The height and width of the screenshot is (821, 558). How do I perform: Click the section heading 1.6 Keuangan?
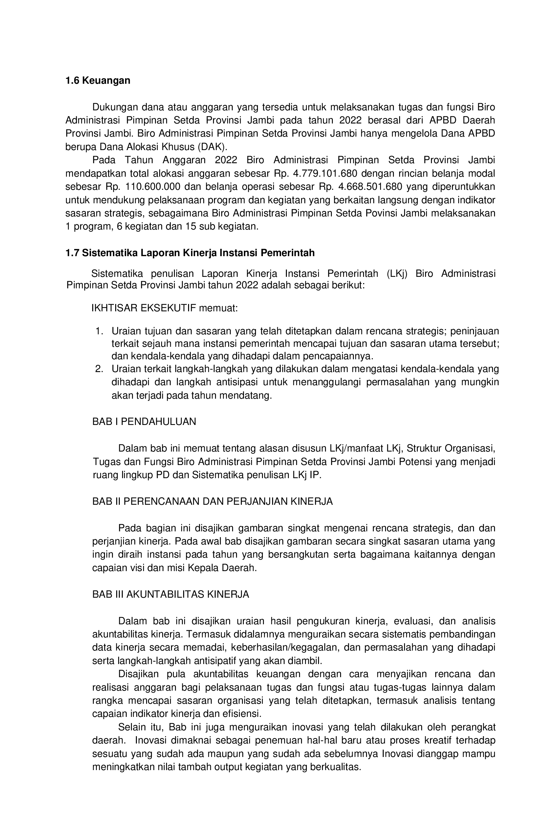(x=98, y=80)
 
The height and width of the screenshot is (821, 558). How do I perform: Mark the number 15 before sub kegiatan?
(x=190, y=227)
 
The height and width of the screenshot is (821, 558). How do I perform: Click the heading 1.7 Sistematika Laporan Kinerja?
(x=190, y=253)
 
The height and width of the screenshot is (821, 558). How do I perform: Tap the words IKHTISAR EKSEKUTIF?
(x=144, y=308)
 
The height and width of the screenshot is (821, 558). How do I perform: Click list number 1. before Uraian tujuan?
(x=99, y=331)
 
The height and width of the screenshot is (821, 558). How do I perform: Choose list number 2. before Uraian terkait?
(x=99, y=369)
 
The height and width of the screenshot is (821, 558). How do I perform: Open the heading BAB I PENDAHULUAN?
(x=144, y=422)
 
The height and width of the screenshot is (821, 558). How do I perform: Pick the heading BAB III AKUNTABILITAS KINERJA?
(x=171, y=594)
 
